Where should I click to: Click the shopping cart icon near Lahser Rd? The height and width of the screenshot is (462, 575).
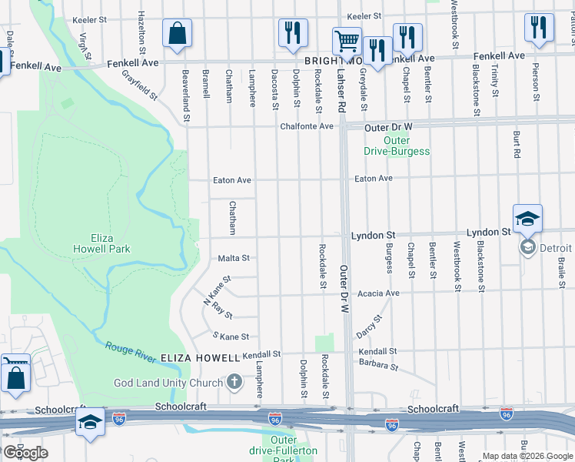(347, 41)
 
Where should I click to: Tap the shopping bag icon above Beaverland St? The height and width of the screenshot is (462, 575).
(177, 33)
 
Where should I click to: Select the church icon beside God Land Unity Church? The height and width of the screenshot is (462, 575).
(234, 382)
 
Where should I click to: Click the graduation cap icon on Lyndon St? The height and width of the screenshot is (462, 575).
(528, 219)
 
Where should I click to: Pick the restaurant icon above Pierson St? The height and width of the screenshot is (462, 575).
(539, 28)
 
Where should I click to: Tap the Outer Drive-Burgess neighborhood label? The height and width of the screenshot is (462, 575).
(397, 146)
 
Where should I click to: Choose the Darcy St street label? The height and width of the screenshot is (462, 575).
(369, 326)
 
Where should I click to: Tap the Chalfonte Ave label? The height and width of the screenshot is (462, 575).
(307, 126)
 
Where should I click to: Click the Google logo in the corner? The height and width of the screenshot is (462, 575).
(25, 453)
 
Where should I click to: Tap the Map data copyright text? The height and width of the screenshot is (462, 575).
(527, 456)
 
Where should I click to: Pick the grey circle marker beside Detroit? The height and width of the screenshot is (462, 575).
(528, 247)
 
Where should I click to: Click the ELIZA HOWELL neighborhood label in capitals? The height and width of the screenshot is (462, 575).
(200, 358)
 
